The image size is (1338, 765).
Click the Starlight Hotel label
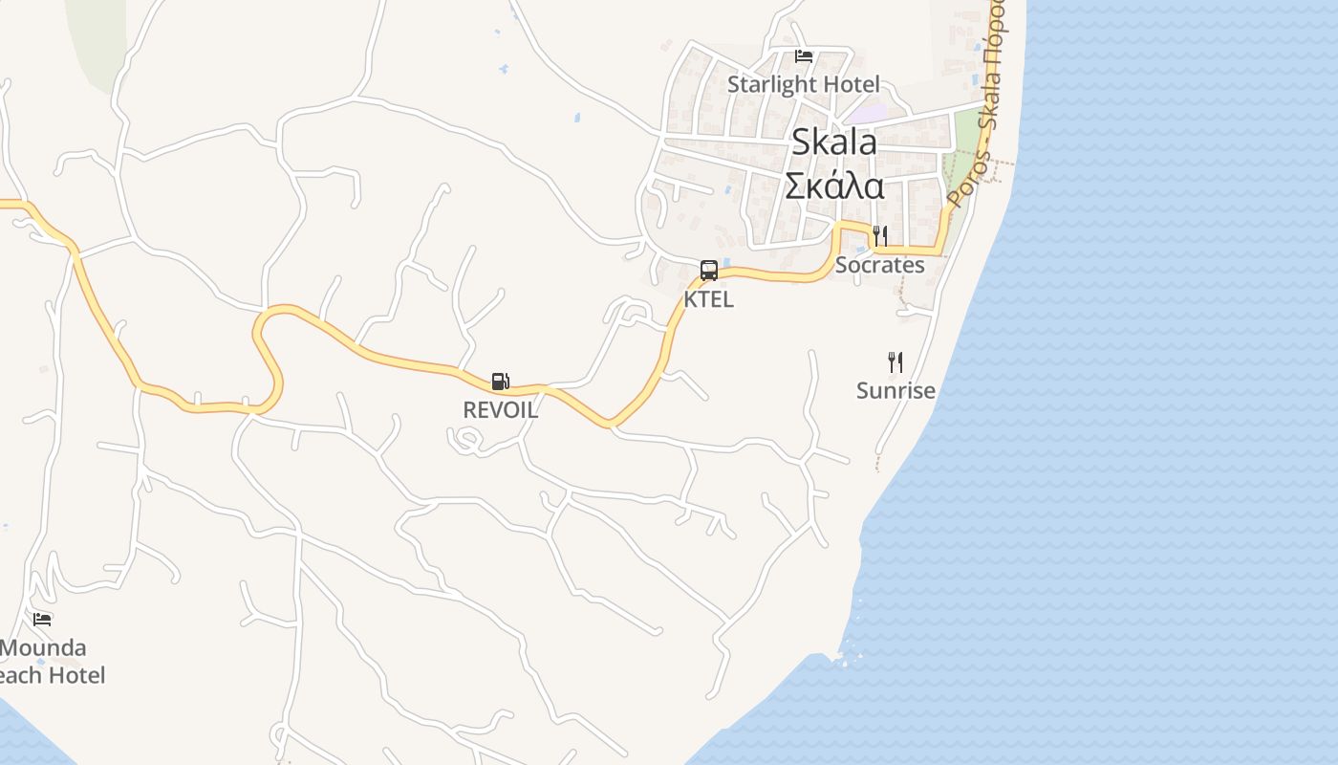tap(803, 84)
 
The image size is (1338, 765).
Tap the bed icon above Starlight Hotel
tap(804, 56)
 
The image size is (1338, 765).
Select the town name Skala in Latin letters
tap(834, 142)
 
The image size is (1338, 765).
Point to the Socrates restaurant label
tap(879, 265)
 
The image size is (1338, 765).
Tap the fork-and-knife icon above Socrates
tap(880, 235)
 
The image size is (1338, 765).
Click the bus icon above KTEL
tap(708, 271)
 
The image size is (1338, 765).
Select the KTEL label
tap(708, 299)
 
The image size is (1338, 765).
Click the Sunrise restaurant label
tap(896, 390)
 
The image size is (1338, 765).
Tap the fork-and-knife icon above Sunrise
tap(895, 361)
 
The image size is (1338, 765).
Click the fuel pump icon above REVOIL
tap(500, 382)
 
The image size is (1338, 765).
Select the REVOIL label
tap(500, 410)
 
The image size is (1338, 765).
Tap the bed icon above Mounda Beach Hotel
tap(42, 620)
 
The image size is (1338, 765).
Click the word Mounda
tap(44, 648)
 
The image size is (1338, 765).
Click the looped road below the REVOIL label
tap(465, 440)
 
